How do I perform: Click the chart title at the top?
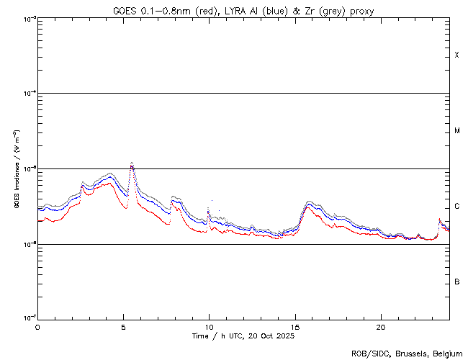(x=243, y=10)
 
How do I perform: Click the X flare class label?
(x=456, y=55)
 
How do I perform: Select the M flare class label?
(x=456, y=131)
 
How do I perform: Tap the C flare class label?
(x=456, y=207)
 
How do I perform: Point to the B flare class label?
(x=456, y=282)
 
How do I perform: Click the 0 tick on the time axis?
(x=37, y=327)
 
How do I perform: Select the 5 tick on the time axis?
(x=123, y=327)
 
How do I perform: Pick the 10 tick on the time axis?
(x=209, y=327)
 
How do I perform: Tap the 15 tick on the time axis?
(x=294, y=327)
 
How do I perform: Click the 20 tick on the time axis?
(x=380, y=327)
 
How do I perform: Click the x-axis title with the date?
(x=243, y=336)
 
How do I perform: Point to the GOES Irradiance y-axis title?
(x=15, y=168)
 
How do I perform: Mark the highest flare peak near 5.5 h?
(x=132, y=163)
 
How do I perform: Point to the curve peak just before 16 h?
(x=309, y=203)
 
